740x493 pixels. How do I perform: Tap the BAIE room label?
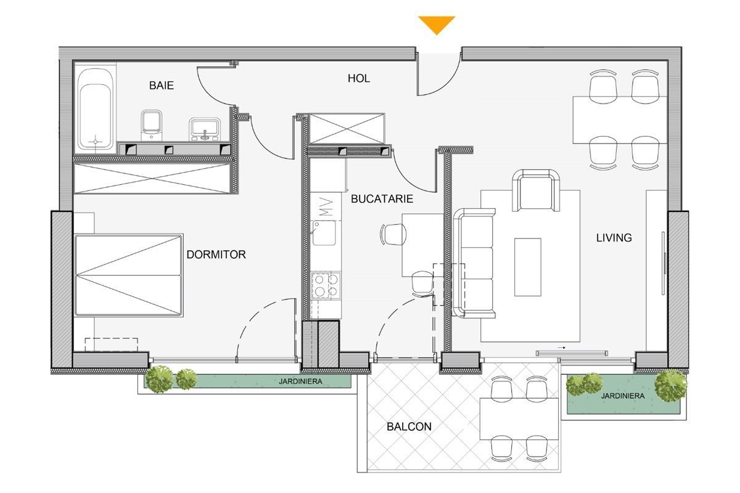pos(162,86)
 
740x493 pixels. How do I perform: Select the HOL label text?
pos(359,78)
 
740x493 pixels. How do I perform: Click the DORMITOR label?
pos(216,254)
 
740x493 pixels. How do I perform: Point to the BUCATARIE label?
pos(382,199)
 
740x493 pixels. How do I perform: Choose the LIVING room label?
pos(614,237)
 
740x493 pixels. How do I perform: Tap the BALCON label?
pos(409,426)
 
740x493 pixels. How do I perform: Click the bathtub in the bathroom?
pos(96,110)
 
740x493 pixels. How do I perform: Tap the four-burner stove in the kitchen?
pos(326,285)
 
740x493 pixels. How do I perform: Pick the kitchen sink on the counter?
pos(324,233)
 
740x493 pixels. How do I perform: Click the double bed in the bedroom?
pos(129,275)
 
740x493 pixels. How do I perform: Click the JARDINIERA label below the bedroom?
pos(300,382)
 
